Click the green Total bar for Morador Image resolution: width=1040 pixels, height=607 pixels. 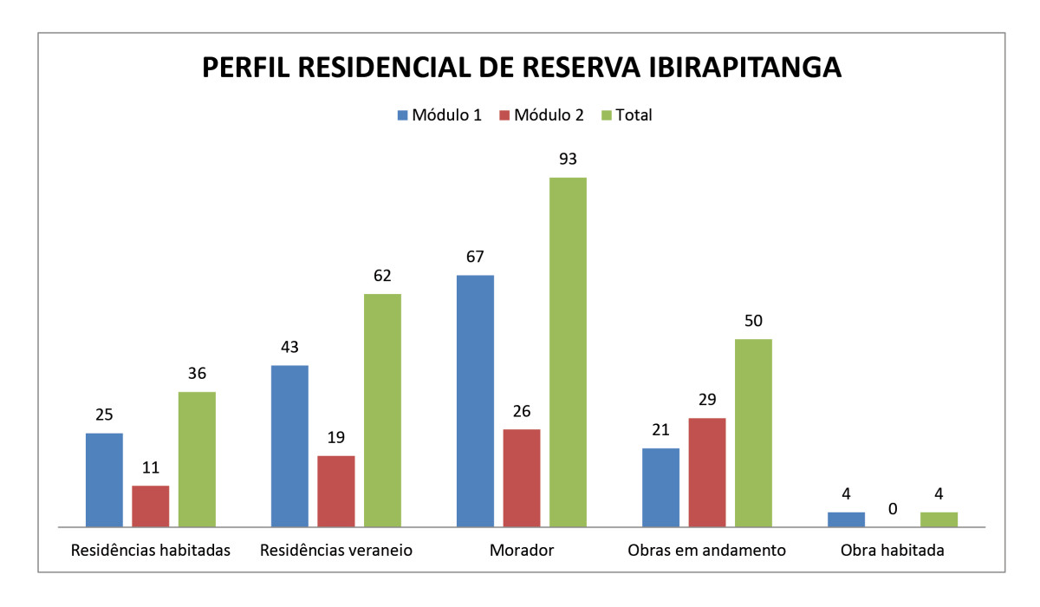tap(568, 352)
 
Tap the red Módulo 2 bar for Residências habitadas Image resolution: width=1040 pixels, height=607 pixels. tap(150, 506)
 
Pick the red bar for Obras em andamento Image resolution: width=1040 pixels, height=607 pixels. tap(707, 473)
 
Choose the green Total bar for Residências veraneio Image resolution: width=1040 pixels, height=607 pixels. tap(382, 410)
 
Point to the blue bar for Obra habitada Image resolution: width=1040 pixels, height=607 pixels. tap(846, 519)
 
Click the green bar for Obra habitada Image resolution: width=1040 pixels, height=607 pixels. tap(939, 519)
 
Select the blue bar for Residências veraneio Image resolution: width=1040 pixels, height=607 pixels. tap(289, 446)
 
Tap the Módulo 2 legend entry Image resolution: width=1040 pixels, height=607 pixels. tap(541, 115)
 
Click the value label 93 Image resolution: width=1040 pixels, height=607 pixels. tap(568, 160)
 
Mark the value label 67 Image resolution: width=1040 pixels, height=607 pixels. tap(475, 257)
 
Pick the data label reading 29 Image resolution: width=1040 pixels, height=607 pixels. tap(707, 400)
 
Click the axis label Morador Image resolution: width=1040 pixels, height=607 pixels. tap(521, 551)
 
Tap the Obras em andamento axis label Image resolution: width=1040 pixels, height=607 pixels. tap(706, 551)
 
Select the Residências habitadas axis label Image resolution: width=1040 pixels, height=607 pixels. tap(151, 551)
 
